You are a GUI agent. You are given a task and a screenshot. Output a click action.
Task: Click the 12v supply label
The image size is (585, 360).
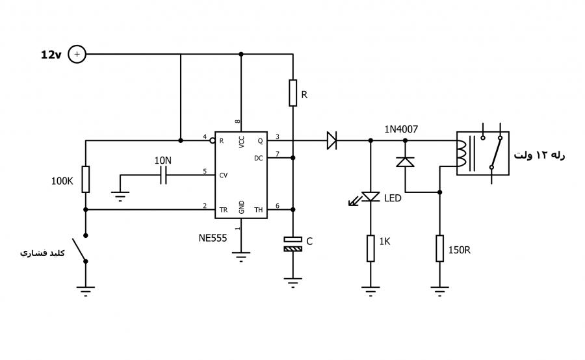tap(51, 55)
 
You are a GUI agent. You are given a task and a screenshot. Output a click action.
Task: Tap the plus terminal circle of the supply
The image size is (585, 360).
tap(77, 54)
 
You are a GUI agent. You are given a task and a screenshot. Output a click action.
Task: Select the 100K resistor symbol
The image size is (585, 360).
tap(85, 179)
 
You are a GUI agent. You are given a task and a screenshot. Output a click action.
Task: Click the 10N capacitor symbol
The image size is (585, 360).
tap(163, 175)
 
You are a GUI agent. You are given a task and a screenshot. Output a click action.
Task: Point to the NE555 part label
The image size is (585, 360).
tap(213, 238)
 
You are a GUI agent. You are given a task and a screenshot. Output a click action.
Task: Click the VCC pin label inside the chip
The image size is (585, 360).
tap(241, 142)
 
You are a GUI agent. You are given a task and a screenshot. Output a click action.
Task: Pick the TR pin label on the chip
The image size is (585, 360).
tap(224, 210)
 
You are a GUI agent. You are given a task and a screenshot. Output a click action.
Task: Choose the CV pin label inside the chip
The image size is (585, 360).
tap(224, 175)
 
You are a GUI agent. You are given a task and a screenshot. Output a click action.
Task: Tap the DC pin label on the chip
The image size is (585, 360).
tap(259, 158)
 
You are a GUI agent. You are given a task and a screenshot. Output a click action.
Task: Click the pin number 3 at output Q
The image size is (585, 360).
tap(277, 137)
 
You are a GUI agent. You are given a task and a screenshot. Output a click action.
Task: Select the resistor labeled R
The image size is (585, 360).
tap(293, 93)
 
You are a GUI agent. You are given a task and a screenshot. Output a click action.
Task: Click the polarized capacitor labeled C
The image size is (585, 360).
tap(293, 244)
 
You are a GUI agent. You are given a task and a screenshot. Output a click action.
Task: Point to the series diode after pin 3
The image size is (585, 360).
tap(331, 140)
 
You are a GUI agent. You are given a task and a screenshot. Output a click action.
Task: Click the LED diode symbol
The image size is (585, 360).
tap(370, 197)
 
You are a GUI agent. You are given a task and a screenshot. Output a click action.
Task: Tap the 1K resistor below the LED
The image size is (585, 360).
tap(370, 248)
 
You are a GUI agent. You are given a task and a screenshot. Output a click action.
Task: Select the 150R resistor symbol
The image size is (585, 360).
tap(440, 248)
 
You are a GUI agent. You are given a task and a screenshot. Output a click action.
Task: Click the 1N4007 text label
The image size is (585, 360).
tap(401, 129)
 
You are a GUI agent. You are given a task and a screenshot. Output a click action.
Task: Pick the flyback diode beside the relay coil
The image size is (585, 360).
tap(405, 162)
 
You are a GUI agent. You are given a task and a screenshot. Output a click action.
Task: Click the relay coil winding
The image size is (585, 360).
tap(461, 153)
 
